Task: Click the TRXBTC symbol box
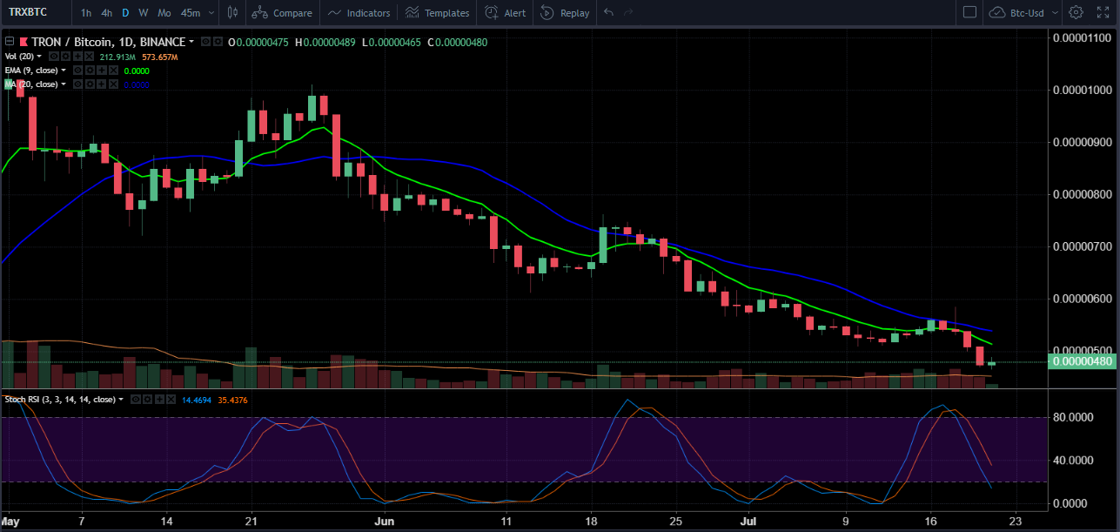(x=28, y=13)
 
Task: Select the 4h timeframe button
(x=106, y=13)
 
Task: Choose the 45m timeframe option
(x=190, y=13)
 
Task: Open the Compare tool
(x=284, y=13)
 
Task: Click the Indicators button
(x=359, y=13)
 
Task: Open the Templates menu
(x=438, y=13)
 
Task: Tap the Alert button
(x=506, y=13)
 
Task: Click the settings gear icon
(x=1076, y=13)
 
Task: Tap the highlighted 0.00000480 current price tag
(x=1083, y=361)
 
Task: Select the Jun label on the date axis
(x=384, y=522)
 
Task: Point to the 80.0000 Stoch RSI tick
(x=1072, y=417)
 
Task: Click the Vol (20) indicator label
(x=20, y=56)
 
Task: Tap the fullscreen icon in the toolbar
(x=1103, y=13)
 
